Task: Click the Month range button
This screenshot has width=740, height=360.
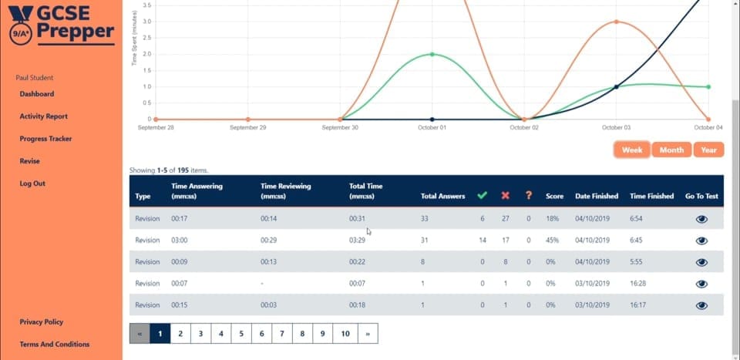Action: pyautogui.click(x=671, y=150)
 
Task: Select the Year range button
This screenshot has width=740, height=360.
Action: pyautogui.click(x=708, y=150)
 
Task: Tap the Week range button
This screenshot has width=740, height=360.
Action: pyautogui.click(x=632, y=150)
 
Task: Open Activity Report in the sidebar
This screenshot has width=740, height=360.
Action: pyautogui.click(x=43, y=116)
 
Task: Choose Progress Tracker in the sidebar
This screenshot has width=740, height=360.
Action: pyautogui.click(x=45, y=139)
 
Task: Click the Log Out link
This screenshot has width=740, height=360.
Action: pyautogui.click(x=32, y=183)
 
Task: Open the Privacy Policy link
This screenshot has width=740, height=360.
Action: pyautogui.click(x=42, y=321)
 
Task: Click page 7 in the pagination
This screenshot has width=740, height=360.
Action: pyautogui.click(x=282, y=334)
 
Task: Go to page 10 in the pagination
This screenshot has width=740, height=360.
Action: pyautogui.click(x=345, y=334)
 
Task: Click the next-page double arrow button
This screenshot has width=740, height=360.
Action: pyautogui.click(x=368, y=334)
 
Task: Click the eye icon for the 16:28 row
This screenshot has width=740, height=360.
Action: pyautogui.click(x=701, y=284)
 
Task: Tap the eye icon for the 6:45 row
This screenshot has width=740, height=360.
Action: pyautogui.click(x=701, y=241)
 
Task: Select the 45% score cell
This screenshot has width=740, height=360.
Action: pyautogui.click(x=552, y=241)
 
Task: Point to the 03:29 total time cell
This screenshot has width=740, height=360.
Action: pyautogui.click(x=357, y=241)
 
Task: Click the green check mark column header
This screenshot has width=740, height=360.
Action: pyautogui.click(x=482, y=195)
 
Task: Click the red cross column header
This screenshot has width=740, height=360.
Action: pyautogui.click(x=506, y=195)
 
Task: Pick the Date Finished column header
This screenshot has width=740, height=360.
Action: pyautogui.click(x=597, y=196)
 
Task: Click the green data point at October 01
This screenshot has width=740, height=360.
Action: pyautogui.click(x=432, y=54)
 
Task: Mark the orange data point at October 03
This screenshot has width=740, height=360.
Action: pyautogui.click(x=617, y=22)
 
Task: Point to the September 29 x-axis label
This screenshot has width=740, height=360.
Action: pyautogui.click(x=247, y=127)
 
